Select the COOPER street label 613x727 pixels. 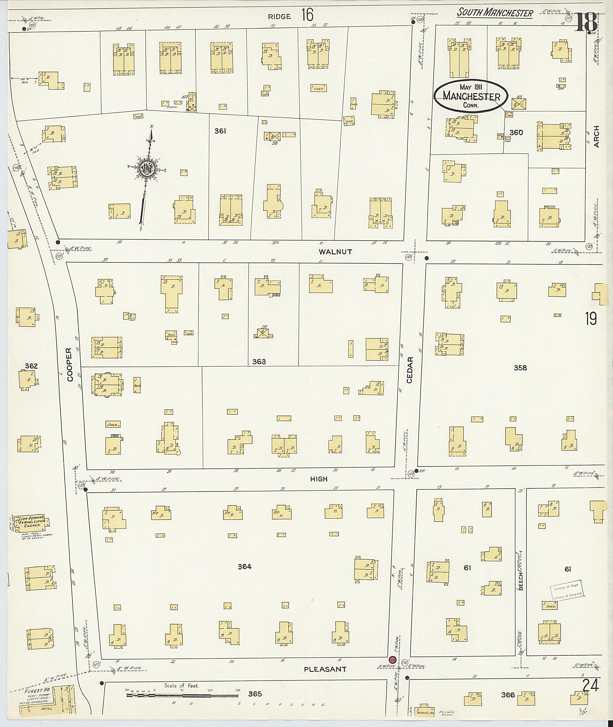pos(69,365)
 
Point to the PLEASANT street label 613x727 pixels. pos(325,669)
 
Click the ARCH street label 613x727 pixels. pos(597,136)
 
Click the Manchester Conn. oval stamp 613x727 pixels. pos(471,96)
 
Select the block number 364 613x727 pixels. pos(244,567)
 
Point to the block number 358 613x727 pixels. pos(520,368)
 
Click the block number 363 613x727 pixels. pos(259,362)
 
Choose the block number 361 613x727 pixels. pos(220,131)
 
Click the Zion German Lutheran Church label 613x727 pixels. pos(31,522)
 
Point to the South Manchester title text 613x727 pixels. pos(494,13)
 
